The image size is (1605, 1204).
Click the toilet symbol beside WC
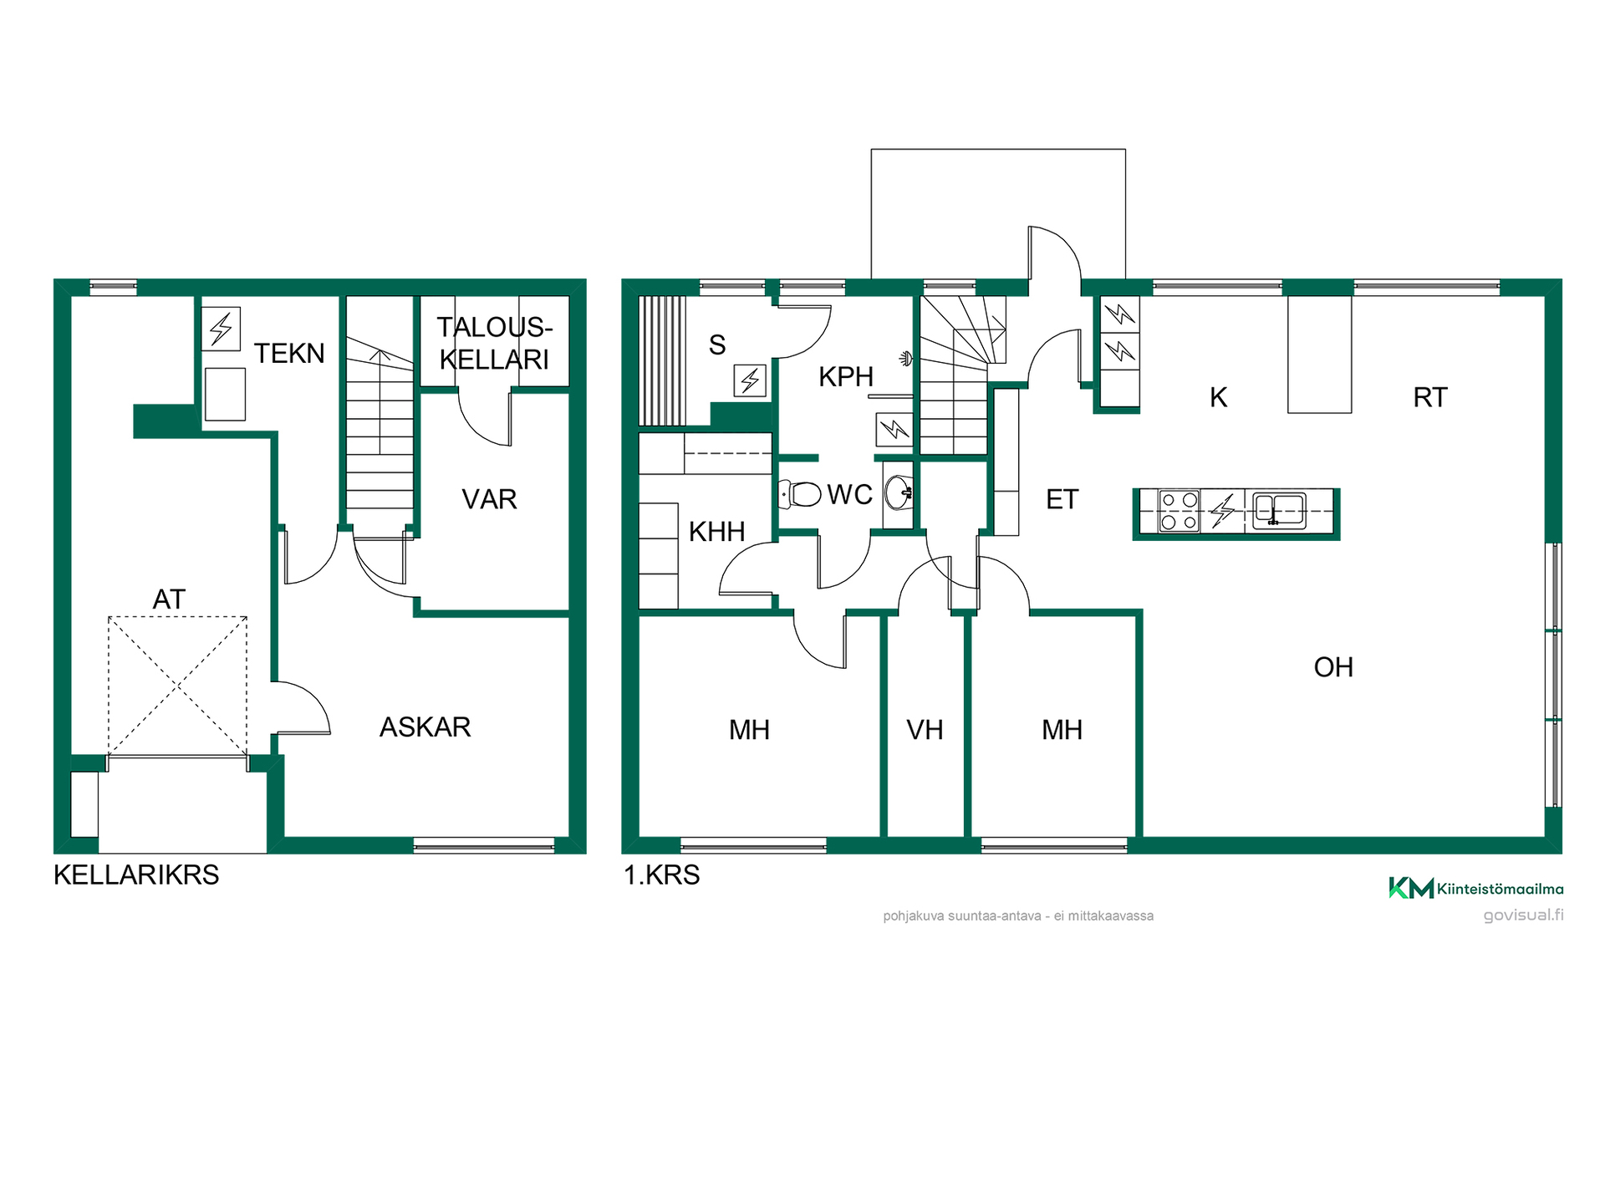(x=801, y=494)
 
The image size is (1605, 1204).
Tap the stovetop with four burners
(x=1179, y=511)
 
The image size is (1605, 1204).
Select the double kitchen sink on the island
(x=1279, y=509)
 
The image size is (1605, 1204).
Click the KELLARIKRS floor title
(x=136, y=875)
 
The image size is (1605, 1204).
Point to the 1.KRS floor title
(x=662, y=875)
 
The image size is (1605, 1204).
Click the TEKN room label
(x=289, y=354)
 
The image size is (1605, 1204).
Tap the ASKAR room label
(x=425, y=727)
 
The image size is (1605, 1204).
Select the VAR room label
(x=489, y=499)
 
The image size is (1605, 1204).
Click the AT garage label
(x=169, y=599)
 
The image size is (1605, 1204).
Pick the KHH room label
(x=716, y=532)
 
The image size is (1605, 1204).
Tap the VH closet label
(x=925, y=730)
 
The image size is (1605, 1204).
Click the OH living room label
(x=1333, y=667)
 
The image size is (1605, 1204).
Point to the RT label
(x=1430, y=397)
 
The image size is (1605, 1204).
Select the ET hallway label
(x=1062, y=500)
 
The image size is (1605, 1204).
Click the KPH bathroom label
(x=846, y=377)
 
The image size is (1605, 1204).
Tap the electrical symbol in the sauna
(x=750, y=380)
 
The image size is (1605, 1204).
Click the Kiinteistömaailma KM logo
(x=1475, y=888)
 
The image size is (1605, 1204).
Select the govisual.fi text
(x=1523, y=915)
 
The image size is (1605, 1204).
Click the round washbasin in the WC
(x=899, y=493)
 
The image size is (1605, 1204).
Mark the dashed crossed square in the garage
(x=177, y=686)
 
